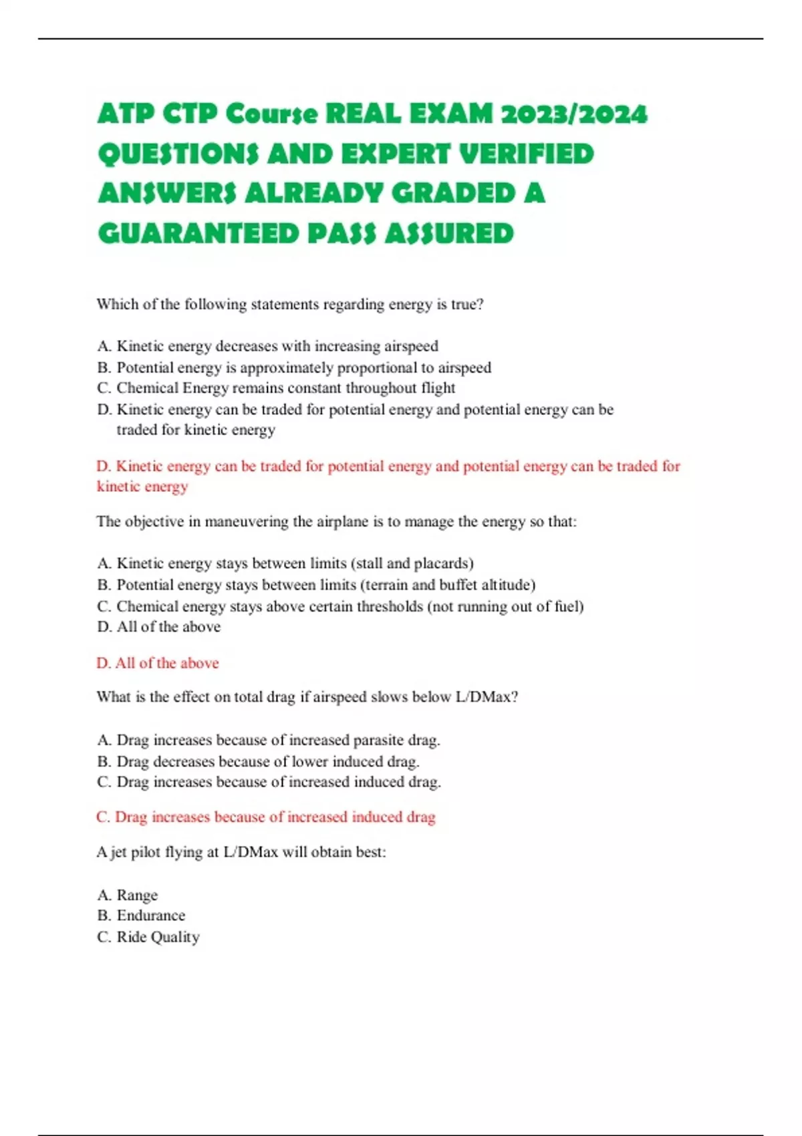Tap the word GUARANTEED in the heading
point(198,234)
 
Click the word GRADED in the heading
point(453,194)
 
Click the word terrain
point(386,585)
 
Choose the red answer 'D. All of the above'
point(158,663)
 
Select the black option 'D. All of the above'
point(159,627)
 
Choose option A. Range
point(128,895)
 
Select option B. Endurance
point(141,915)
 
